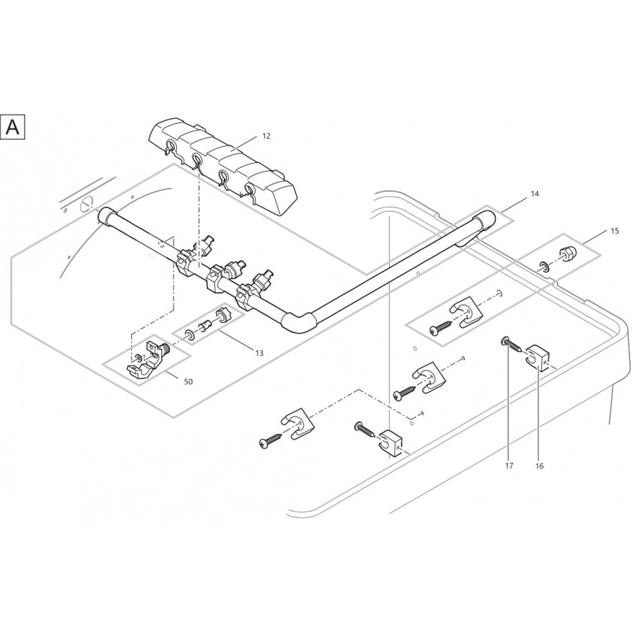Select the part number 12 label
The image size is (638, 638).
coord(266,136)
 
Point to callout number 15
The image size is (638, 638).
coord(615,230)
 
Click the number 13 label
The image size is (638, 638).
coord(259,353)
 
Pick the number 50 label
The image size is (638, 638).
coord(188,382)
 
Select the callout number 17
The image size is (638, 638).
coord(509,465)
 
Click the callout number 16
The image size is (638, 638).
coord(539,465)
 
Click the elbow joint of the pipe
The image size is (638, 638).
coord(300,321)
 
